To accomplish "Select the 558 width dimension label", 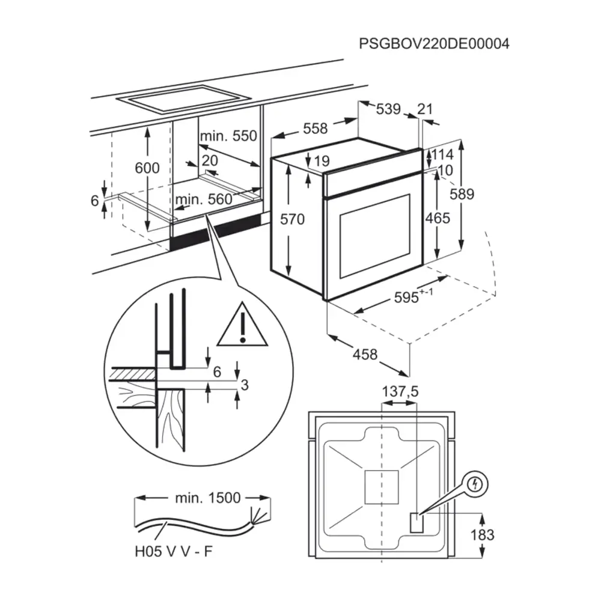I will click(315, 128).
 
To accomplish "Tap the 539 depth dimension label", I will click(388, 109).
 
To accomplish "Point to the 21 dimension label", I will click(424, 109).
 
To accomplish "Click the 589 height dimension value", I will click(463, 195).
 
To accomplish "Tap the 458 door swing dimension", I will click(365, 355).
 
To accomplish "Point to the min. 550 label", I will click(228, 136).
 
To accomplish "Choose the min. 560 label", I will click(204, 200).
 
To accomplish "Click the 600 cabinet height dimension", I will click(147, 168).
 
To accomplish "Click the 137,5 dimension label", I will click(400, 392).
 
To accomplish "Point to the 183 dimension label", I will click(482, 534).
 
